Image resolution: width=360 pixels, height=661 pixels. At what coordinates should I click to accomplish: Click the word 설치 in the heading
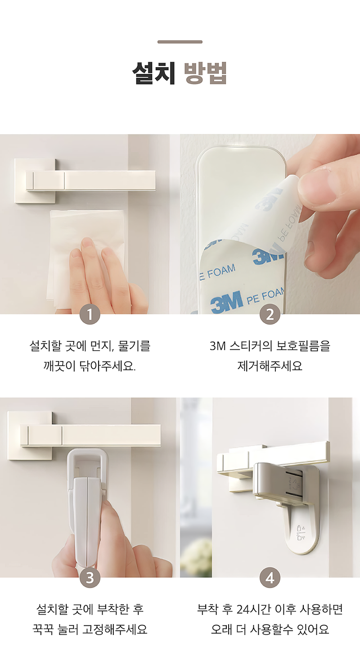[153, 72]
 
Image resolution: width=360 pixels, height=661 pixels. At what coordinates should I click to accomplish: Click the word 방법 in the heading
[206, 72]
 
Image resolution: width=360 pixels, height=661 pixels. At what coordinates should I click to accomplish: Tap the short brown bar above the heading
[180, 42]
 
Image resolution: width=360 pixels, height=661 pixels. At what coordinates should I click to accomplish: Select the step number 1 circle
[90, 314]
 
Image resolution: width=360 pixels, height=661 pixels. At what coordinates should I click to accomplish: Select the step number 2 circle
[270, 314]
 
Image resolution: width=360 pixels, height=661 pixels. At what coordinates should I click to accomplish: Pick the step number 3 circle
[90, 578]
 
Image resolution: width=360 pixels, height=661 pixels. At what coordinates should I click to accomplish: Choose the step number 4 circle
[270, 578]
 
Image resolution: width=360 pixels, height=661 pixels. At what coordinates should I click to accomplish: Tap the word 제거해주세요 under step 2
[270, 366]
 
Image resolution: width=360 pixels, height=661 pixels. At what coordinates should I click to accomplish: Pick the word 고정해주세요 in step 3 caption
[115, 629]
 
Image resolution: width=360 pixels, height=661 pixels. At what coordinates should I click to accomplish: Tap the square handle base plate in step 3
[30, 435]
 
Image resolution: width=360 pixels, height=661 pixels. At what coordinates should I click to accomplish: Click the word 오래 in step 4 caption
[221, 629]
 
